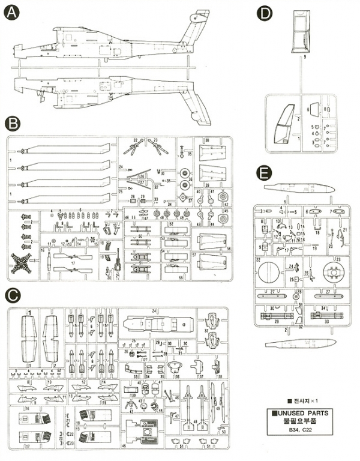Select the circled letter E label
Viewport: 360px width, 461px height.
tap(260, 173)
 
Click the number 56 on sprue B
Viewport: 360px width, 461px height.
tap(229, 250)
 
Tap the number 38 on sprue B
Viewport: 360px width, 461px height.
tap(207, 140)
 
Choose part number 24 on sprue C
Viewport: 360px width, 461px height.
tap(154, 310)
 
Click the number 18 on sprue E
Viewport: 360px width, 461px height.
tap(316, 230)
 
